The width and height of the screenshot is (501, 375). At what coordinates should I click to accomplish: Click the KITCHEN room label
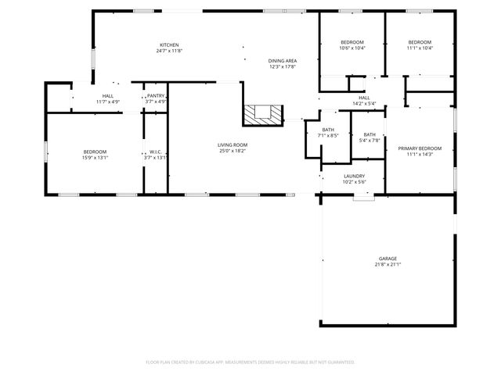[x=170, y=45]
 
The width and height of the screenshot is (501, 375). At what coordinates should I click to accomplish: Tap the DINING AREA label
[x=282, y=61]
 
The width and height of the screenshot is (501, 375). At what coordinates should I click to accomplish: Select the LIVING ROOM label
[x=232, y=145]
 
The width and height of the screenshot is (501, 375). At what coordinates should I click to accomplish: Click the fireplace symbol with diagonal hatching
[x=261, y=114]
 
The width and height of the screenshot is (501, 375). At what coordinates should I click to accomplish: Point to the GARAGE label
[x=387, y=259]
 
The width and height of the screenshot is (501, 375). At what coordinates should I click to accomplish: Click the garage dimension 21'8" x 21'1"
[x=387, y=265]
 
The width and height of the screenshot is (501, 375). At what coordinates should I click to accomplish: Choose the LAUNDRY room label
[x=354, y=176]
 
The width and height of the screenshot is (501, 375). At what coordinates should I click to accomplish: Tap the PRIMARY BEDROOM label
[x=420, y=148]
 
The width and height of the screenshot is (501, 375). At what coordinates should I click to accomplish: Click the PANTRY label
[x=156, y=95]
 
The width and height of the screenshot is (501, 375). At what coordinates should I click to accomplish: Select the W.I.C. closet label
[x=155, y=152]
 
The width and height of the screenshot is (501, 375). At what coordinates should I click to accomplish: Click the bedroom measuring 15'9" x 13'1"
[x=96, y=155]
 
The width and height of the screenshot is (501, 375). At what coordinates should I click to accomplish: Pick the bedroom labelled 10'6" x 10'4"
[x=352, y=45]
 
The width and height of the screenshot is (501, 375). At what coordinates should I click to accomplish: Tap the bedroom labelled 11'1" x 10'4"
[x=420, y=45]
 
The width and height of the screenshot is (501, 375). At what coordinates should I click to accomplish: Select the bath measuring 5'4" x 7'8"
[x=369, y=137]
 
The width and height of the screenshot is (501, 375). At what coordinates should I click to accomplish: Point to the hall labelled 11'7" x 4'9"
[x=107, y=98]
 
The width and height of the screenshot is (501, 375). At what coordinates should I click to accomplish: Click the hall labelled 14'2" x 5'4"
[x=364, y=101]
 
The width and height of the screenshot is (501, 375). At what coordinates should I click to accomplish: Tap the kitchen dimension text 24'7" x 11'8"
[x=170, y=51]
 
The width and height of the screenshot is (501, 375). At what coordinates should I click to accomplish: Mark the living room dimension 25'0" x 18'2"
[x=232, y=151]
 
